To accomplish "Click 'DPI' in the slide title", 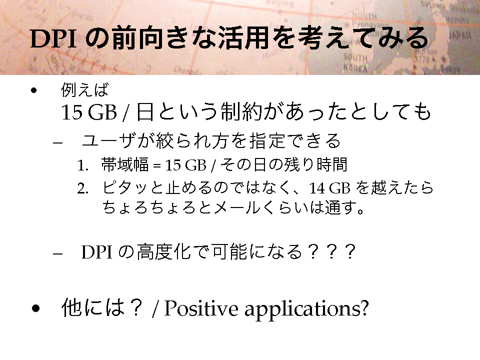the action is (x=53, y=38).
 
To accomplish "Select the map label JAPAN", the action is (x=459, y=35).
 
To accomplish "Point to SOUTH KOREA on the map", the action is (x=355, y=62).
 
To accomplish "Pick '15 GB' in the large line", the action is (x=89, y=112).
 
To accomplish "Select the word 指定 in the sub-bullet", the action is (x=266, y=141).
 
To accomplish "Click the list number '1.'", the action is (x=83, y=165).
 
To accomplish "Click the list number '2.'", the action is (x=83, y=189).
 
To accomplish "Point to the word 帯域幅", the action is (x=125, y=164).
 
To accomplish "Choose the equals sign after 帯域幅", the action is (x=156, y=166).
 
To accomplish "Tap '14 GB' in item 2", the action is (x=329, y=188).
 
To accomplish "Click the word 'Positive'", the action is (x=201, y=308).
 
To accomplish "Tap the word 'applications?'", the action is (x=306, y=309).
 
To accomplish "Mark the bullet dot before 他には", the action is (x=35, y=308).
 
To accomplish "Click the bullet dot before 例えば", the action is (x=33, y=90).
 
